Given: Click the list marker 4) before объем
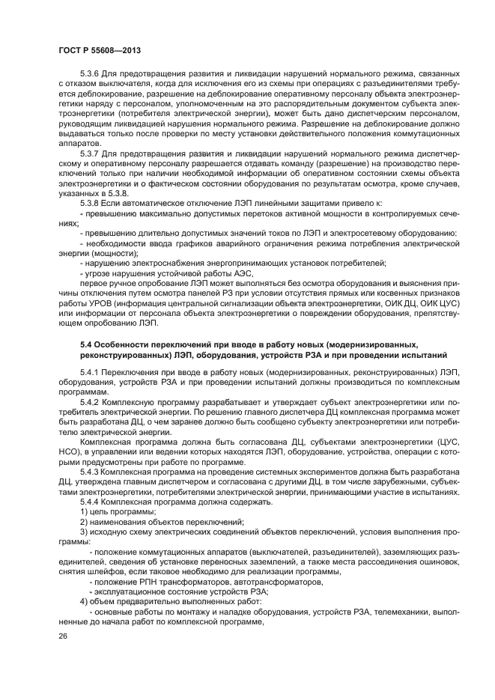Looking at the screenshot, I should coord(85,600).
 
